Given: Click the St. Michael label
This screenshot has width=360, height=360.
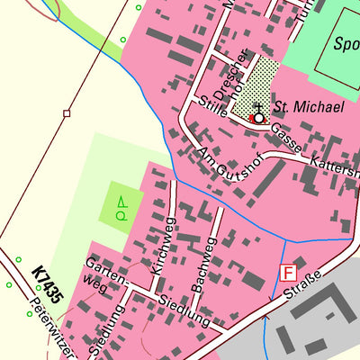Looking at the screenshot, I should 309,107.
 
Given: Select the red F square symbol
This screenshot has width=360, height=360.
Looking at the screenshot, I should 288,273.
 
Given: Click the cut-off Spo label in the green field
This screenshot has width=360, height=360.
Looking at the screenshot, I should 346,43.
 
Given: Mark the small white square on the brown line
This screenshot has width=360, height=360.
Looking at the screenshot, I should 67,113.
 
